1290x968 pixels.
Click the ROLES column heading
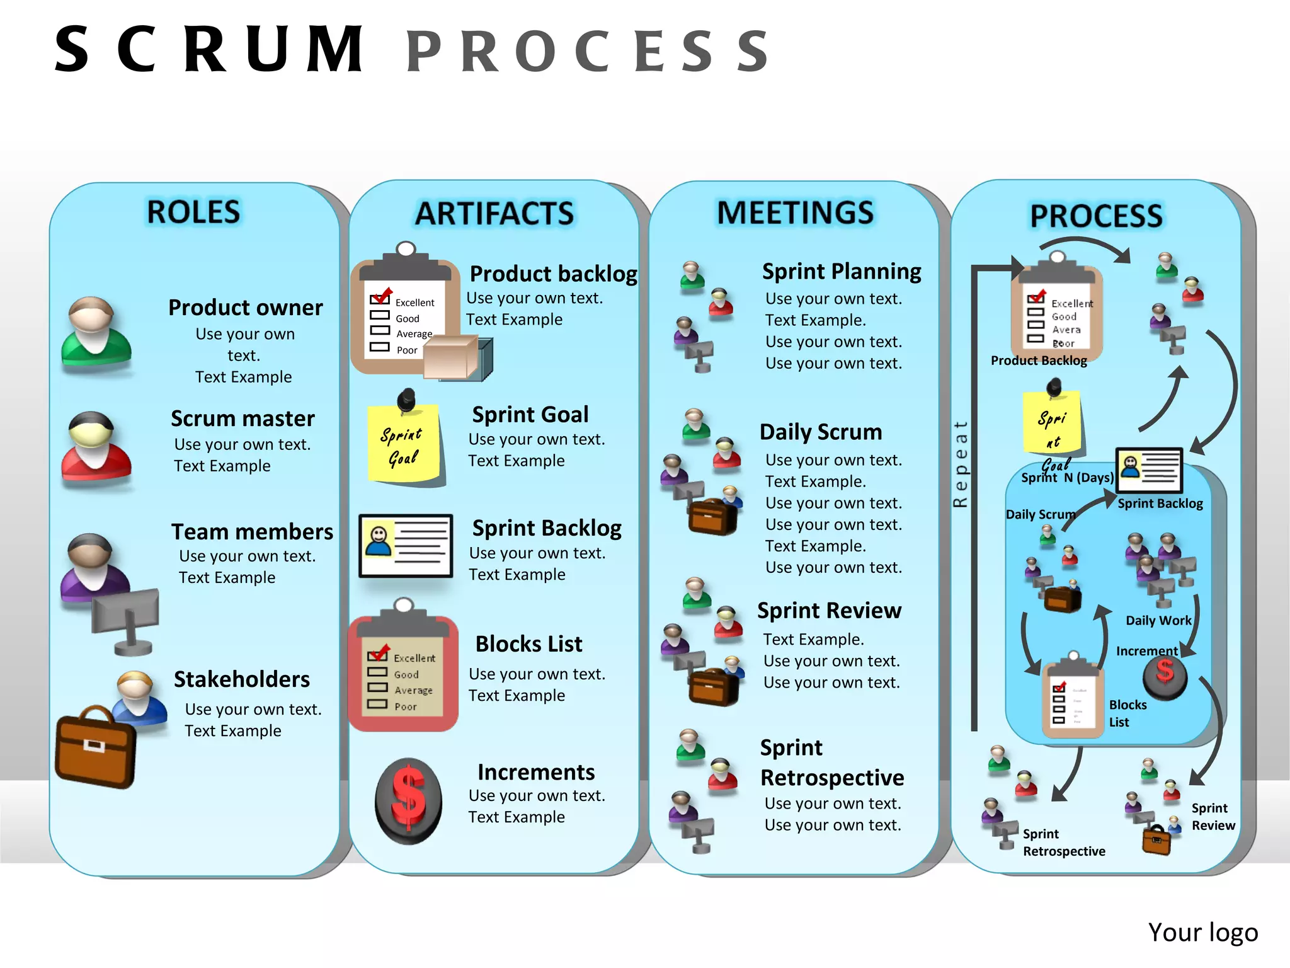click(x=193, y=212)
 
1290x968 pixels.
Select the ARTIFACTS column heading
click(x=494, y=214)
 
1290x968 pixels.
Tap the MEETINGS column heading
click(x=795, y=213)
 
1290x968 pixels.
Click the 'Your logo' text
click(x=1202, y=932)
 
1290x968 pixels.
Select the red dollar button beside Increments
click(x=408, y=801)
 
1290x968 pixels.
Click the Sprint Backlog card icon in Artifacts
click(x=406, y=545)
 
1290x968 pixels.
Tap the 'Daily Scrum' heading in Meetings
click(x=820, y=432)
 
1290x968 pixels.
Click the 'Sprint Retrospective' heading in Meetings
click(x=831, y=763)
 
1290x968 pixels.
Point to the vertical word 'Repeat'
click(x=960, y=464)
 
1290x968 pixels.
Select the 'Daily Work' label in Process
click(x=1158, y=621)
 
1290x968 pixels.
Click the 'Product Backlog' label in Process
click(x=1039, y=360)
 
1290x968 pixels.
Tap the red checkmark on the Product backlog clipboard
click(x=382, y=295)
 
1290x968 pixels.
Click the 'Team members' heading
click(x=252, y=532)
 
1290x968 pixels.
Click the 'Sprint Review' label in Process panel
click(x=1213, y=817)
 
